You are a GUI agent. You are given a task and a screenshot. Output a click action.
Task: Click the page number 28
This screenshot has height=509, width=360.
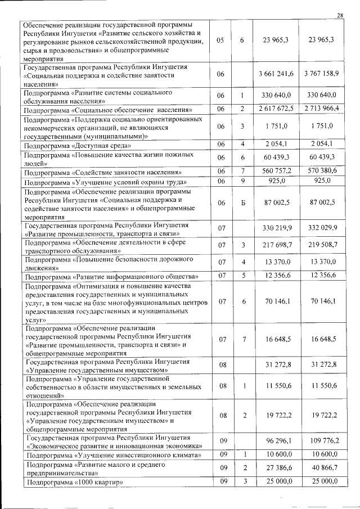coord(340,15)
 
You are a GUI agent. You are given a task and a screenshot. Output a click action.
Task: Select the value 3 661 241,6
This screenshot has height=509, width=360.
coord(275,74)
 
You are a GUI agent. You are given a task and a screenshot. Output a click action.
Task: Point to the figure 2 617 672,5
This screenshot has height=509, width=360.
coord(275,109)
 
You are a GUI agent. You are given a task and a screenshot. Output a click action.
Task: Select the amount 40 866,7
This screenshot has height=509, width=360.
coord(322,469)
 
